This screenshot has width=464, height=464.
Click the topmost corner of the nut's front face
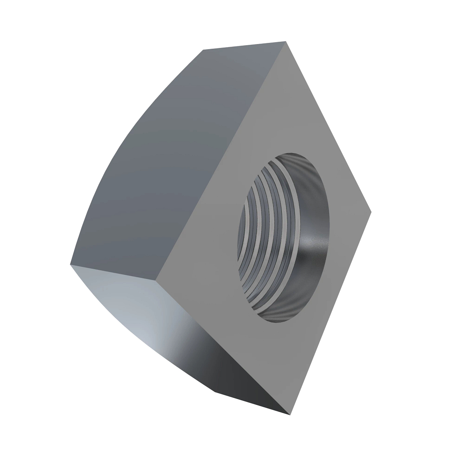coord(286,41)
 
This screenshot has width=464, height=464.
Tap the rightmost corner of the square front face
coord(370,211)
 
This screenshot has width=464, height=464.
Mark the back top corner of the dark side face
coord(203,50)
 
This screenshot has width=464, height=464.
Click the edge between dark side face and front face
coord(222,160)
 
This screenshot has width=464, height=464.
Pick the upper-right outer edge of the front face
coord(328,126)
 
